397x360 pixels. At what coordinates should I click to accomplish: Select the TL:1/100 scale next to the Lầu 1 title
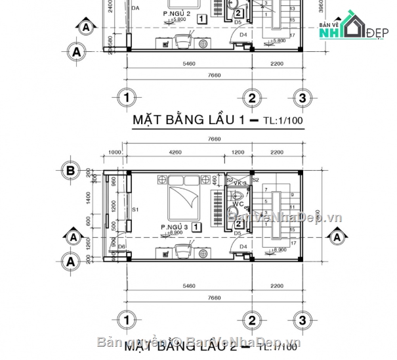click(x=276, y=121)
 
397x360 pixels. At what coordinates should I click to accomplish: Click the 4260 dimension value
click(x=175, y=153)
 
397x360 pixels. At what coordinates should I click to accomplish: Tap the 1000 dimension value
click(x=115, y=153)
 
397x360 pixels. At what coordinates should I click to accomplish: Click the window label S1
click(x=136, y=210)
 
